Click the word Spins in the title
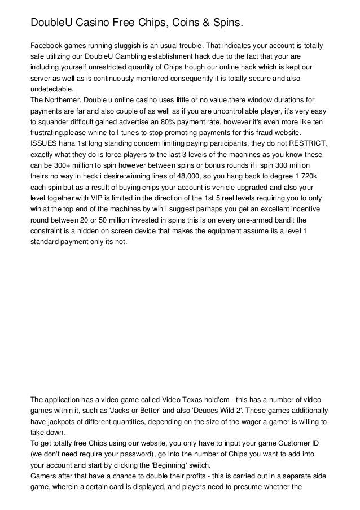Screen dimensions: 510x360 click(227, 23)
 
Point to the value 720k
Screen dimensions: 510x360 click(314, 178)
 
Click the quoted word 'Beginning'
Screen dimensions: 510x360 click(166, 465)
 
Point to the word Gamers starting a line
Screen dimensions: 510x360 click(45, 476)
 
